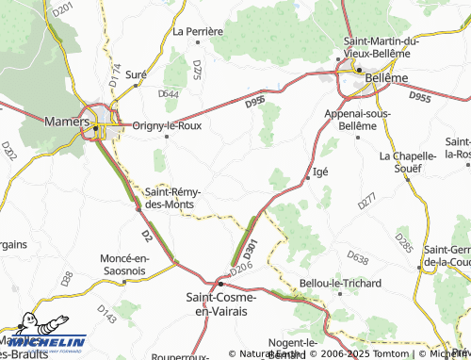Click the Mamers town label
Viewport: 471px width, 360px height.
(66, 122)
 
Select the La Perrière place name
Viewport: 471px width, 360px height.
(198, 31)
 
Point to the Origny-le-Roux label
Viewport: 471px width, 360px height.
(168, 124)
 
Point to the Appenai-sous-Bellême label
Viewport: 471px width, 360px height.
(355, 117)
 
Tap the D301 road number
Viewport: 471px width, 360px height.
(251, 247)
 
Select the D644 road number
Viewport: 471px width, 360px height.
(170, 93)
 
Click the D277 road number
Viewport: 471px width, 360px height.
(366, 199)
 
